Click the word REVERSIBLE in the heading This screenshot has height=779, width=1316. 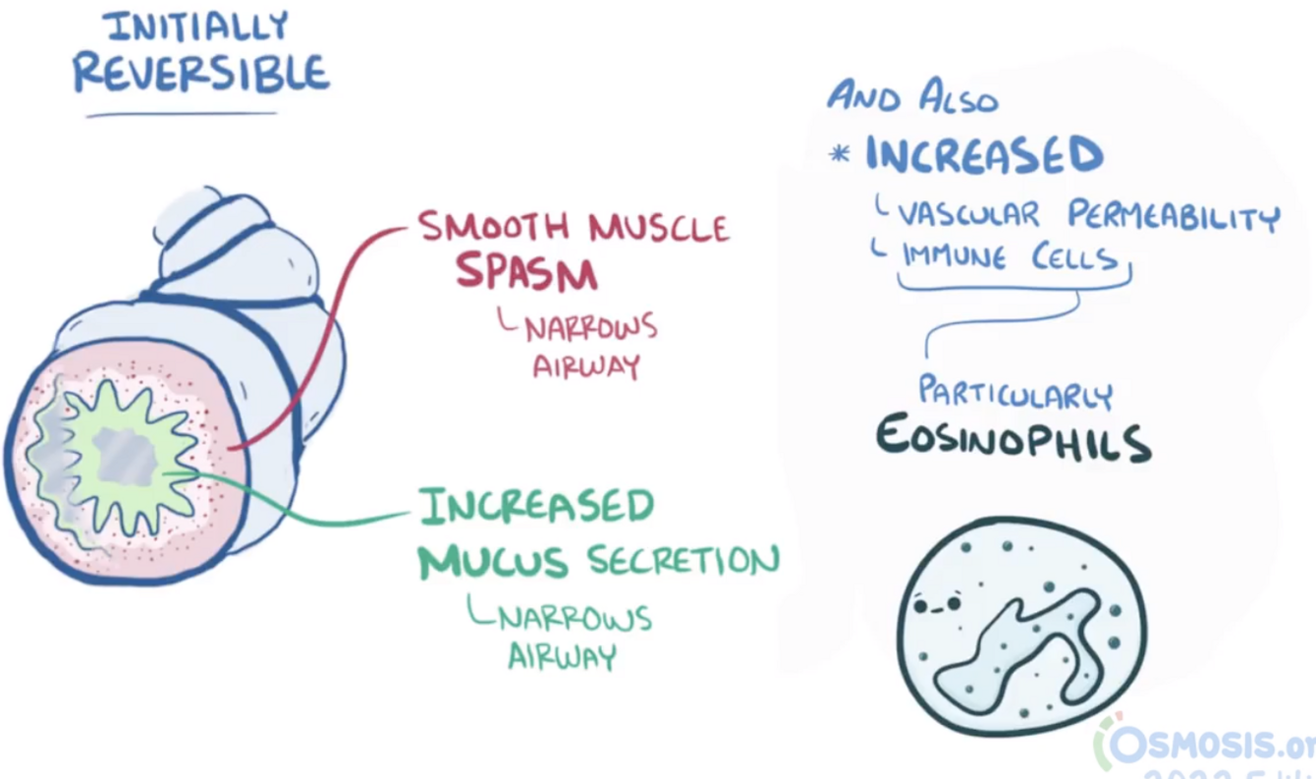[201, 73]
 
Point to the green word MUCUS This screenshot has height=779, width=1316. [493, 562]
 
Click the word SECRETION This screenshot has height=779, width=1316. [683, 561]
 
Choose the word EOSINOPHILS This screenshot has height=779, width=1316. [1013, 441]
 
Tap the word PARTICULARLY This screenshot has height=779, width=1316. [1015, 392]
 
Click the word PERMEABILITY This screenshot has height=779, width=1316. [1173, 215]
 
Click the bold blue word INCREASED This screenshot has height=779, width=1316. [984, 155]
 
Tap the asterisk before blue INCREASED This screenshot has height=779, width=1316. [840, 155]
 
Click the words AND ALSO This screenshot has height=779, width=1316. [913, 98]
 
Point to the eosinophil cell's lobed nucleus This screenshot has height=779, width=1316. [1016, 651]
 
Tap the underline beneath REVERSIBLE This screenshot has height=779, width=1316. [181, 115]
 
